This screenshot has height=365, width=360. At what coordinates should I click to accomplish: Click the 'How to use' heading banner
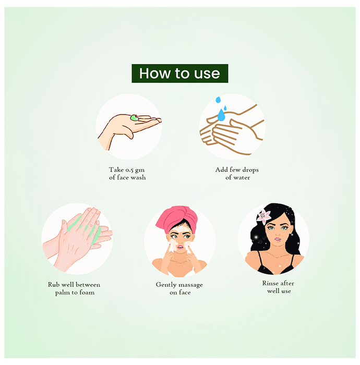(180, 74)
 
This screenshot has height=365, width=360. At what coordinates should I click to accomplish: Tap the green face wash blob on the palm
(134, 118)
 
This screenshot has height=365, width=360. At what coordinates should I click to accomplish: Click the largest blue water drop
(221, 115)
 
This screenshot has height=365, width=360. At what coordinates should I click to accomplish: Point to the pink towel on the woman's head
(176, 218)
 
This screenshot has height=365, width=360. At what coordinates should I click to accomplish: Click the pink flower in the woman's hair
(264, 217)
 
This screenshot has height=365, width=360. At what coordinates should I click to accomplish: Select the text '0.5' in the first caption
(129, 170)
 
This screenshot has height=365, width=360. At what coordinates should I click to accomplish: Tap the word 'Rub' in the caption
(53, 285)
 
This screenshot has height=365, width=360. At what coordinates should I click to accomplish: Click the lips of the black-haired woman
(278, 239)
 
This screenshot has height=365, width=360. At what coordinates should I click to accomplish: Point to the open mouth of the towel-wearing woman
(180, 247)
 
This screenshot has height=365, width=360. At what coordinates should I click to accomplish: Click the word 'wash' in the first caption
(138, 178)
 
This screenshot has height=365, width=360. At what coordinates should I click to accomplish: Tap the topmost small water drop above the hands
(218, 100)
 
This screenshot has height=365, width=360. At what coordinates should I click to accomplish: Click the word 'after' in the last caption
(287, 283)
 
